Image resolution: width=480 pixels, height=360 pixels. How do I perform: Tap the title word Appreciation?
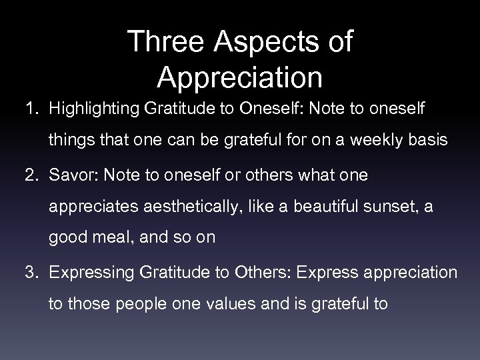click(240, 77)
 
